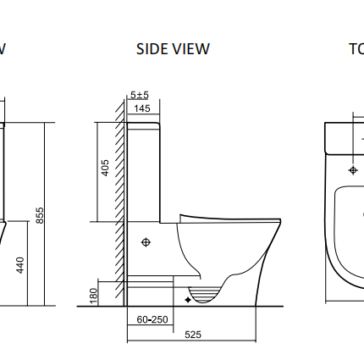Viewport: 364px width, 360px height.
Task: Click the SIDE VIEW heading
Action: (x=173, y=49)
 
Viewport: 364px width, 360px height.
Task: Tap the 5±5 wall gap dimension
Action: (x=140, y=95)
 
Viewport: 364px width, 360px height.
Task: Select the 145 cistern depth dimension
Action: (x=141, y=108)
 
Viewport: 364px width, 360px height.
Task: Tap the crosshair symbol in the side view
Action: (x=146, y=242)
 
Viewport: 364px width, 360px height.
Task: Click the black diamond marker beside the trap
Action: (x=188, y=298)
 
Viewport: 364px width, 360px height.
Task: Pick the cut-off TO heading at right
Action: (x=356, y=49)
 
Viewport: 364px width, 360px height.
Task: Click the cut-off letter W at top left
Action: (x=3, y=49)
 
